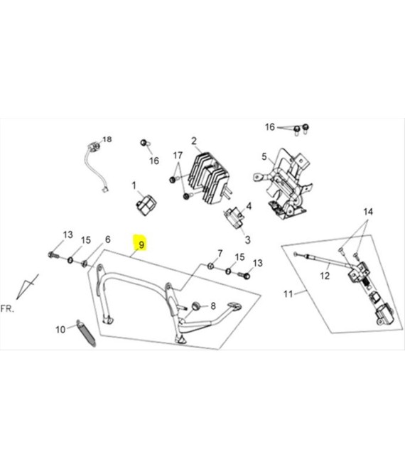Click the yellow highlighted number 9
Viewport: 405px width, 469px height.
pos(141,245)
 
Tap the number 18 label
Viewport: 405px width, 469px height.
pos(108,139)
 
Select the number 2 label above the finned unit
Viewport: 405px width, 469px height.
pos(193,141)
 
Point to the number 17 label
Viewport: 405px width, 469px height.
pos(178,156)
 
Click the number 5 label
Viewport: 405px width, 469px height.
pos(263,156)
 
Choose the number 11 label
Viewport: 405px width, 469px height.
pos(288,293)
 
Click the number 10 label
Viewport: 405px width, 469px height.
pos(60,329)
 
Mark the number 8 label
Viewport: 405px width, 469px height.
pos(212,306)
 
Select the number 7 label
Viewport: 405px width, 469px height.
pos(220,253)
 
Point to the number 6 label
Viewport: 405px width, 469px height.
pos(108,239)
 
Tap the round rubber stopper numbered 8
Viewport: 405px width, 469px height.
pos(193,306)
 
